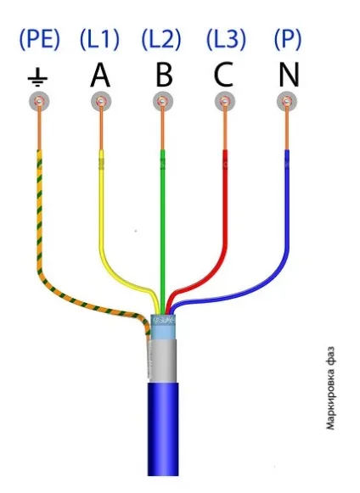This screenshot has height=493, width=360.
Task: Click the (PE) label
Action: (x=39, y=40)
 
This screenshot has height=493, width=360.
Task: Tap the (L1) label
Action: (x=99, y=40)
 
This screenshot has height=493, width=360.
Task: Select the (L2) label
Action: (x=161, y=40)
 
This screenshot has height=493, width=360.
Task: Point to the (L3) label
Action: (x=226, y=40)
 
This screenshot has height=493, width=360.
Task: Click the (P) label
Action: (x=288, y=40)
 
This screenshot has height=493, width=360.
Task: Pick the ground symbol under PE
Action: (x=38, y=78)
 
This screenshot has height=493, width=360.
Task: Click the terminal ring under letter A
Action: (x=101, y=101)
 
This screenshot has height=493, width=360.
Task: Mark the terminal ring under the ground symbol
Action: (x=39, y=101)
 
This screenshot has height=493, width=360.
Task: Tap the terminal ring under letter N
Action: (x=287, y=101)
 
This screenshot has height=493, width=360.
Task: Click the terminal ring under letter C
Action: (x=225, y=101)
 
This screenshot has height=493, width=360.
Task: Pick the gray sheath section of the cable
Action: (x=162, y=361)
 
